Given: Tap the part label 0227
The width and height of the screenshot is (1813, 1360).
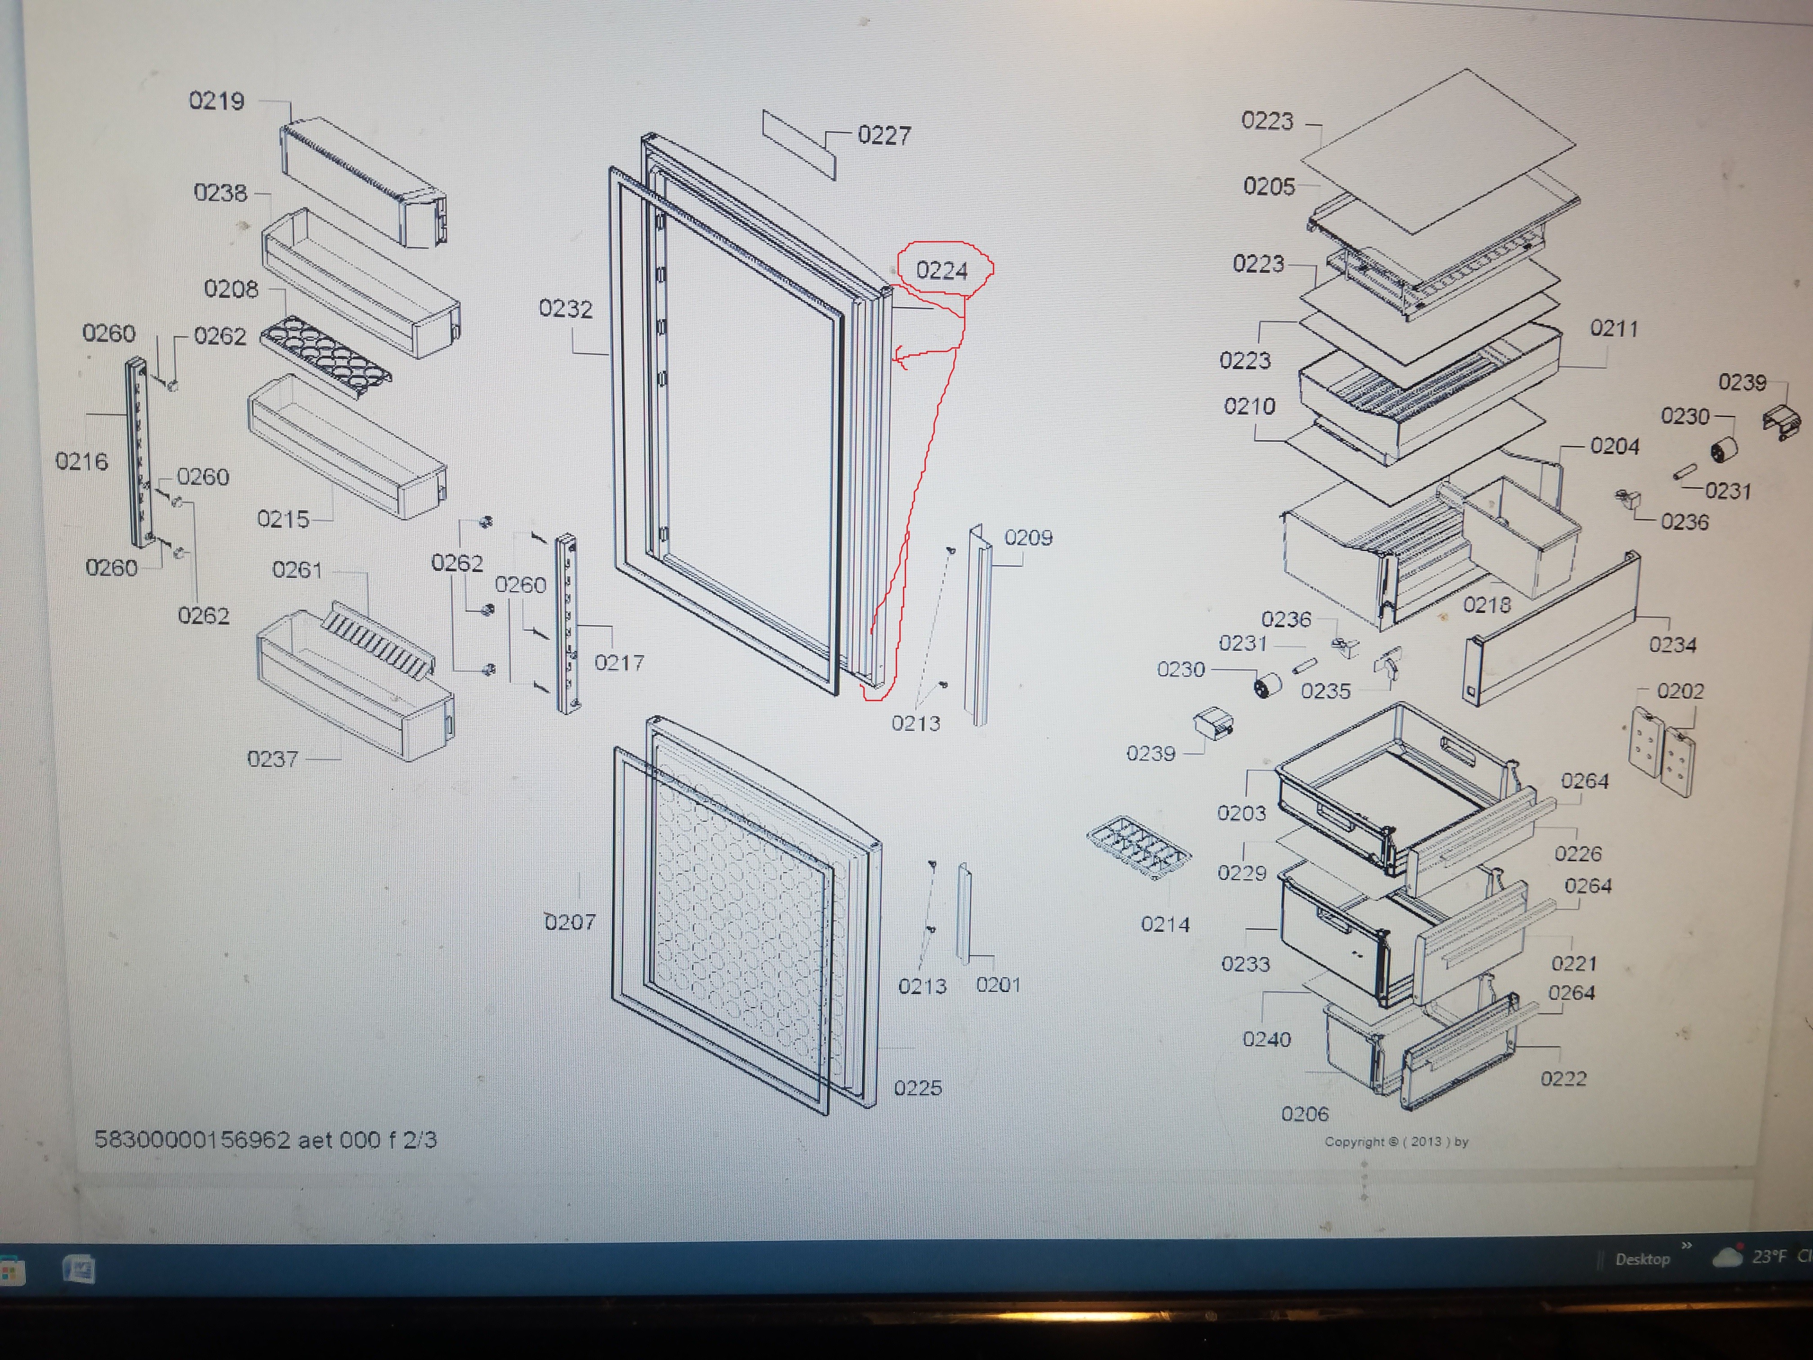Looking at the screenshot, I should click(x=884, y=135).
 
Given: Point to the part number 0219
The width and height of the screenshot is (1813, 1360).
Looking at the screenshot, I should click(x=216, y=101).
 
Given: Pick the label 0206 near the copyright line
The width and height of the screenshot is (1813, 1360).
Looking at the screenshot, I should click(x=1304, y=1114).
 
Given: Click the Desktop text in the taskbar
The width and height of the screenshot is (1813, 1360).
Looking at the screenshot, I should click(x=1642, y=1259).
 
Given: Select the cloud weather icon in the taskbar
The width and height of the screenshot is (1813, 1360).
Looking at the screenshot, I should click(x=1727, y=1257).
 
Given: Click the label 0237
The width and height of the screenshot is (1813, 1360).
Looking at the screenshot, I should click(x=272, y=759).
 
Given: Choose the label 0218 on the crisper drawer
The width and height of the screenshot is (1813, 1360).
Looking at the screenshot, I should click(x=1487, y=605).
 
